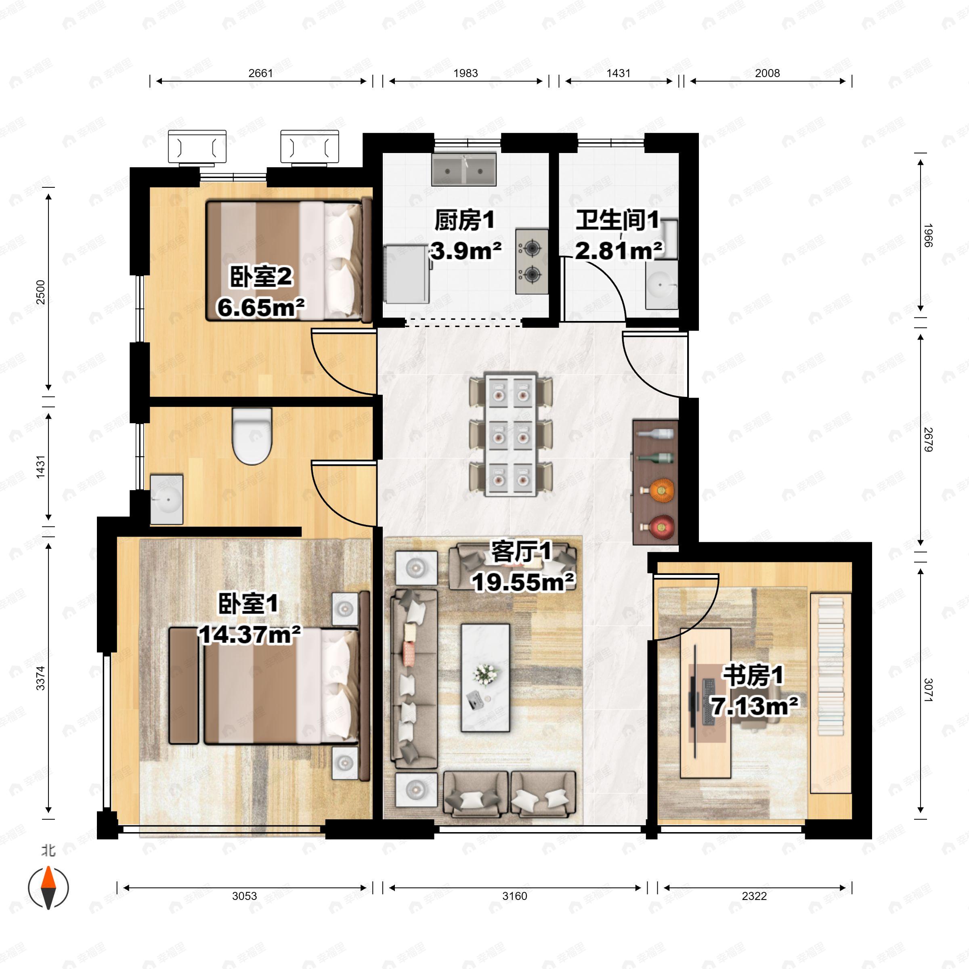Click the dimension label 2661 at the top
260,73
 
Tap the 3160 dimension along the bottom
515,910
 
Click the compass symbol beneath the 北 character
48,888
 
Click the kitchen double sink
464,170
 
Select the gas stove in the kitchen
531,261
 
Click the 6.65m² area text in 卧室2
261,307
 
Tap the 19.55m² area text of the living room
522,582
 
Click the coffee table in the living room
485,677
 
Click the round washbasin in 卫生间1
661,285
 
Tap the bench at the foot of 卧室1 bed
184,685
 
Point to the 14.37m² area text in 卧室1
250,634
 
